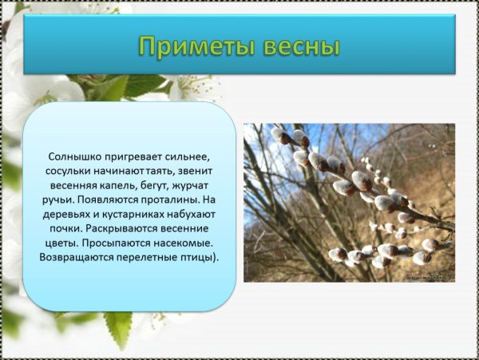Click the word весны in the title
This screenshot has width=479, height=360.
[296, 45]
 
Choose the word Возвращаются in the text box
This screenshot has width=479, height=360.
[78, 258]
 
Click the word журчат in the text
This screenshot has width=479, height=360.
[199, 186]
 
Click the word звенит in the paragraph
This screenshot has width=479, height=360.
[200, 172]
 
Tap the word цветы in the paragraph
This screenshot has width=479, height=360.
[57, 243]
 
